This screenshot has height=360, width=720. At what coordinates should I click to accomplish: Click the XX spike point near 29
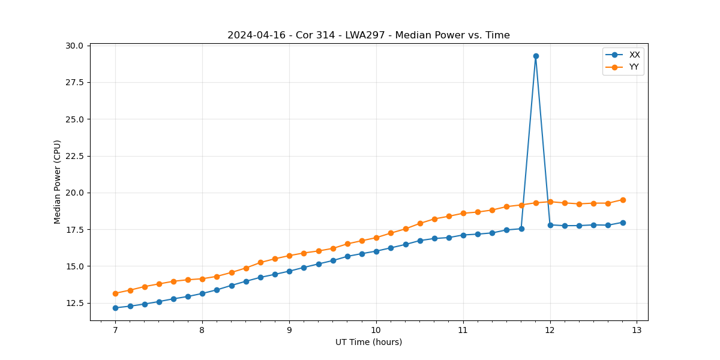click(536, 56)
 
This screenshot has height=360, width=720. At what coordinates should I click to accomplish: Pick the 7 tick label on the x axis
click(115, 330)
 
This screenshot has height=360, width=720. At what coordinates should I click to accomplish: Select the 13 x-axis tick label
click(637, 330)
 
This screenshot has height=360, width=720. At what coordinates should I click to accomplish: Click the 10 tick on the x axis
click(376, 330)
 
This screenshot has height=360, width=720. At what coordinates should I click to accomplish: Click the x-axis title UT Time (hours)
click(368, 342)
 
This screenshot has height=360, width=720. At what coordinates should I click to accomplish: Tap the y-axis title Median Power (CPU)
click(58, 182)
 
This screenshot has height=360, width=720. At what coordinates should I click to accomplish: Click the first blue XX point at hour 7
click(115, 308)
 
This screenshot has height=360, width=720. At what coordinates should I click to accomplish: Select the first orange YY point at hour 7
click(115, 293)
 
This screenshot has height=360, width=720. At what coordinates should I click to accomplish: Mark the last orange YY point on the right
click(623, 200)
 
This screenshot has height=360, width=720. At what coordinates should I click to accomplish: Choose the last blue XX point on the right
click(623, 223)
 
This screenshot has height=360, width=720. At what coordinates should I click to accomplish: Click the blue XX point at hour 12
click(550, 225)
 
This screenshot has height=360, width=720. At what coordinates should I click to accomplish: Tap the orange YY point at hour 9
click(289, 256)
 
